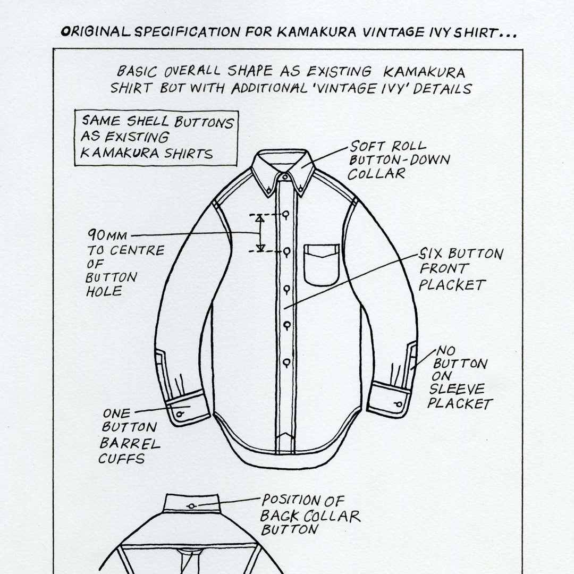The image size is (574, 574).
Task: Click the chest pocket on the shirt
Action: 322,265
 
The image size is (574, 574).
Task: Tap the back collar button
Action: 191,507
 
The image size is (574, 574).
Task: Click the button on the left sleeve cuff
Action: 179,414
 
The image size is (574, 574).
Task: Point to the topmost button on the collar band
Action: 285,177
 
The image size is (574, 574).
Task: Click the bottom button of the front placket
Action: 286,363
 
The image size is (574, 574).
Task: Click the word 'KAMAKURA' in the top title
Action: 316,32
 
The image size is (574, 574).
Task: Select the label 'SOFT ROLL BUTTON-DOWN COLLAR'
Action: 399,160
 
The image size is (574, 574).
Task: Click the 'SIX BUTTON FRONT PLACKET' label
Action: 461,269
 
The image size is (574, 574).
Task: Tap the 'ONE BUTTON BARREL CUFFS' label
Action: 129,436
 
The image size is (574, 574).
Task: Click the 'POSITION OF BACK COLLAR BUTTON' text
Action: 310,514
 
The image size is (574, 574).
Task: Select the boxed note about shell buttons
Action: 156,138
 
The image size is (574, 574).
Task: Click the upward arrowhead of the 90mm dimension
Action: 259,219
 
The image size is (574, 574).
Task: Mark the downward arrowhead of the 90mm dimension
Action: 260,248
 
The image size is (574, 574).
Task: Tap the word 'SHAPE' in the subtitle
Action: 250,71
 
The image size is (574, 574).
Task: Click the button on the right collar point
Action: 300,189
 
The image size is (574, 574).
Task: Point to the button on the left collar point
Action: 269,189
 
